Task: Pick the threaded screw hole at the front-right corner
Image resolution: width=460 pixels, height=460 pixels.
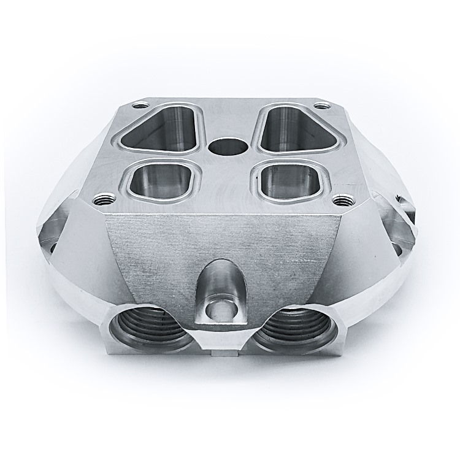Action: pos(341,199)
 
